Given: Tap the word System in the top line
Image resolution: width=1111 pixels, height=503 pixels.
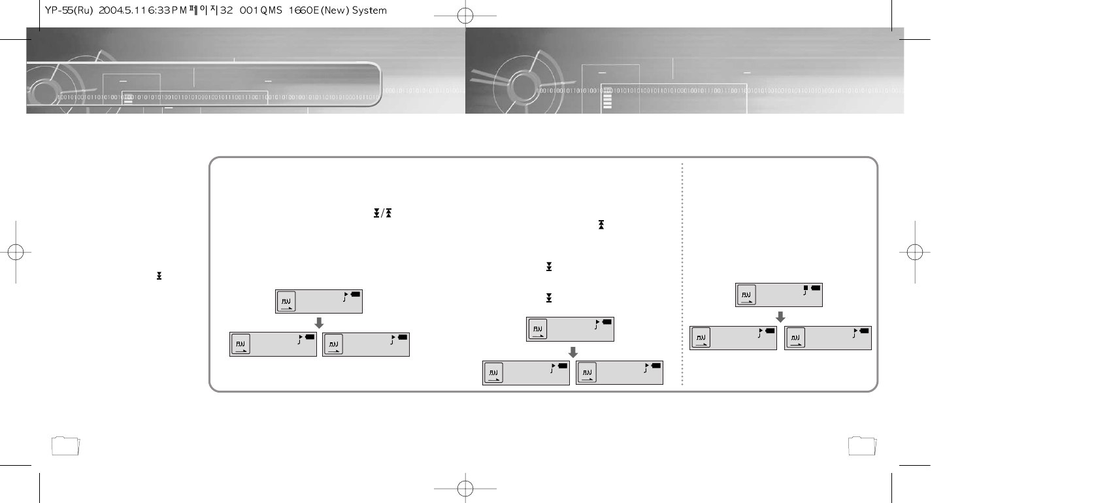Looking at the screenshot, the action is [x=369, y=10].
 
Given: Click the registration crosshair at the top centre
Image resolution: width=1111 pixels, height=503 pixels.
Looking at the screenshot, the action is [x=465, y=16].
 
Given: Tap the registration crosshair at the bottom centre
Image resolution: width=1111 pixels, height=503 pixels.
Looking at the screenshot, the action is [x=465, y=488].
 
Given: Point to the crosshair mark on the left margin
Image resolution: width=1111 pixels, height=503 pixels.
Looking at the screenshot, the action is [x=16, y=252].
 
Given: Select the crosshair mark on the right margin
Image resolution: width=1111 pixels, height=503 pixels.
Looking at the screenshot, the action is [x=915, y=252].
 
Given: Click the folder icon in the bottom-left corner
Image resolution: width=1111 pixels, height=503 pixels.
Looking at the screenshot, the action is [x=65, y=446].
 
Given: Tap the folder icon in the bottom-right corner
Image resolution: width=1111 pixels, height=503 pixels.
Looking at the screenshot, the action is [x=862, y=446].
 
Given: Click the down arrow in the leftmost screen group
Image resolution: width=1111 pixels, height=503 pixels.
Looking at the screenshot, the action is [x=319, y=323].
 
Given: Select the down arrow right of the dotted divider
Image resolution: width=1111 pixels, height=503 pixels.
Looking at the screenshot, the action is [x=780, y=317].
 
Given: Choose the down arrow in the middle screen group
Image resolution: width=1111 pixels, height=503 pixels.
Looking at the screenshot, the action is [x=572, y=351].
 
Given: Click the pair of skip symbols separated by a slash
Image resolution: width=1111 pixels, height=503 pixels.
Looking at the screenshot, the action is [x=382, y=214].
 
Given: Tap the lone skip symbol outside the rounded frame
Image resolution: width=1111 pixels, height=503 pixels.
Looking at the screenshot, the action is [x=159, y=276].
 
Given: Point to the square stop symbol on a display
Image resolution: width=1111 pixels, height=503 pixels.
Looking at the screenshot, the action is [x=806, y=287].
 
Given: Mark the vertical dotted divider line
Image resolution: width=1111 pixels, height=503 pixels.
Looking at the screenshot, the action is [x=682, y=274].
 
